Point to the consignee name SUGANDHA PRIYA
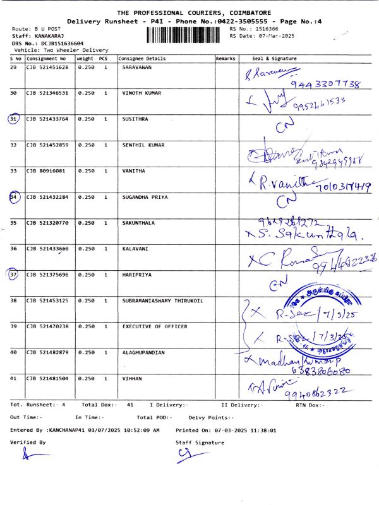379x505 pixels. click(145, 197)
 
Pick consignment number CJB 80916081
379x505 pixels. click(45, 171)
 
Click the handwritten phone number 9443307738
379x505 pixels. click(326, 84)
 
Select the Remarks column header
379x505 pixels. click(226, 59)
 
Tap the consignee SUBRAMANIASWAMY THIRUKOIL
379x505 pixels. click(162, 300)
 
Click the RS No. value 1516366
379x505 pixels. click(266, 29)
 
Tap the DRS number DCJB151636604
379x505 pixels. click(61, 44)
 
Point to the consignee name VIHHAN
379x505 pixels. click(132, 378)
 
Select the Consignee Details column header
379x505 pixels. click(142, 59)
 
